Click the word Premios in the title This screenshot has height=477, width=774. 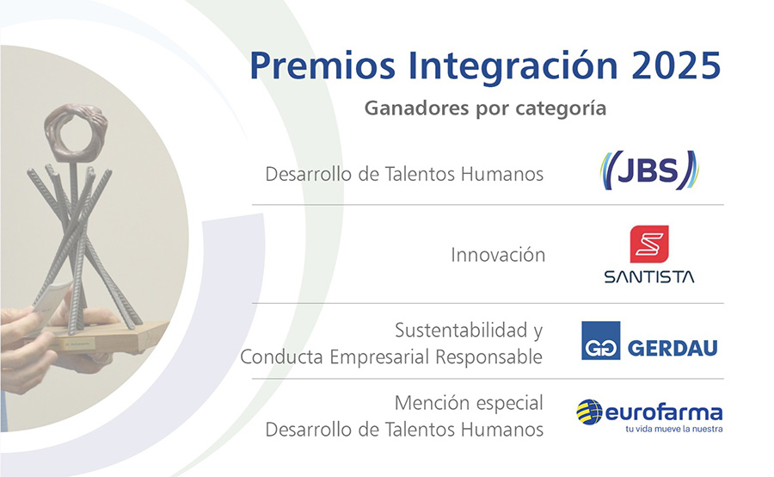(x=322, y=65)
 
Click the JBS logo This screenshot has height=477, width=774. (x=649, y=170)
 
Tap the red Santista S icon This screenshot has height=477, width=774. (x=649, y=245)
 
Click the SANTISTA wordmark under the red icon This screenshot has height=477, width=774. (x=649, y=276)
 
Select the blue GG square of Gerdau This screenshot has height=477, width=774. (x=601, y=341)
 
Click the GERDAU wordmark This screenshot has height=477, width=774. (x=673, y=349)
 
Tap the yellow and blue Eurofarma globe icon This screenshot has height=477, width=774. (x=589, y=412)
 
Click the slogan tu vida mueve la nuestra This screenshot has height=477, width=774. (x=673, y=429)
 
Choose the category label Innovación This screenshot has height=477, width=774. (x=498, y=255)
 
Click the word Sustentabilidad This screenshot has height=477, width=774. (x=462, y=330)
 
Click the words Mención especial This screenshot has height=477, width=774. (x=469, y=403)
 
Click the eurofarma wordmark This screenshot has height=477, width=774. (x=663, y=412)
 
